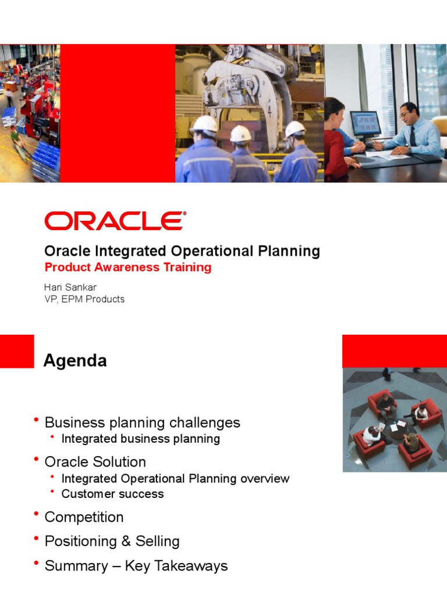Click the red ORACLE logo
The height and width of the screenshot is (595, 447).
(x=115, y=221)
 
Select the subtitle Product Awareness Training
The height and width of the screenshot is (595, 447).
(x=128, y=267)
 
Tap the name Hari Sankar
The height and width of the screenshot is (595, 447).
(x=70, y=288)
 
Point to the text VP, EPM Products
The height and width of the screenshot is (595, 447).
(x=84, y=299)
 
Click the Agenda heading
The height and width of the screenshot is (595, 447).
(x=75, y=361)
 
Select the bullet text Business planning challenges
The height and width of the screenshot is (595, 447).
(x=142, y=422)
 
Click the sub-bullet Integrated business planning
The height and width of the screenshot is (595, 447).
(x=140, y=439)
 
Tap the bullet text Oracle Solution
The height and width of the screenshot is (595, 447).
(x=95, y=462)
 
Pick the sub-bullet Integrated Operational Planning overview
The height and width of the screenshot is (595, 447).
(x=175, y=479)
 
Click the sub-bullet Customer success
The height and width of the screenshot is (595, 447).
(x=112, y=494)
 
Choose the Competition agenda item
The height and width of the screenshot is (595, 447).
(x=84, y=517)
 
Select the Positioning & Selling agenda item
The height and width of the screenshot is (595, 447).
(x=112, y=542)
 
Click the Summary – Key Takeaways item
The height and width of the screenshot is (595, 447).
(x=136, y=566)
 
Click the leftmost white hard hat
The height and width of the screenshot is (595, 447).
(x=204, y=124)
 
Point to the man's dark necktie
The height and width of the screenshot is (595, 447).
(x=412, y=135)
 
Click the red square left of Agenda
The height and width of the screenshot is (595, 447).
(x=17, y=351)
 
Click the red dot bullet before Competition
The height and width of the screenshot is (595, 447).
(x=37, y=515)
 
